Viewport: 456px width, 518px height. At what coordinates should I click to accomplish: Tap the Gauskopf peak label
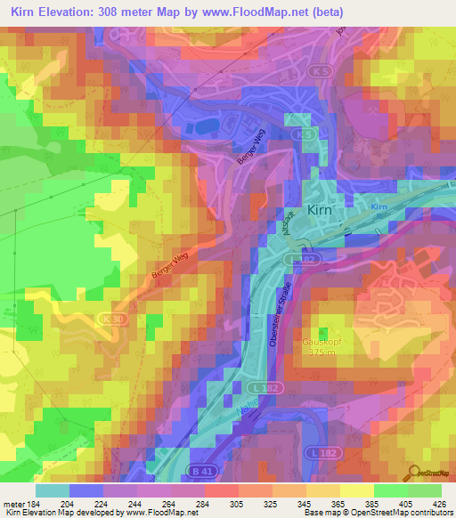pos(322,340)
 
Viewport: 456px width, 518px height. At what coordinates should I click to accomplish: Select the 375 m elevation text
pos(322,352)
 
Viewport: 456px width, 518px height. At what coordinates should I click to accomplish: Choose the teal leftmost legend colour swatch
pos(53,490)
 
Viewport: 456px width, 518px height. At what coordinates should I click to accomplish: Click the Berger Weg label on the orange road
pos(166,267)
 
